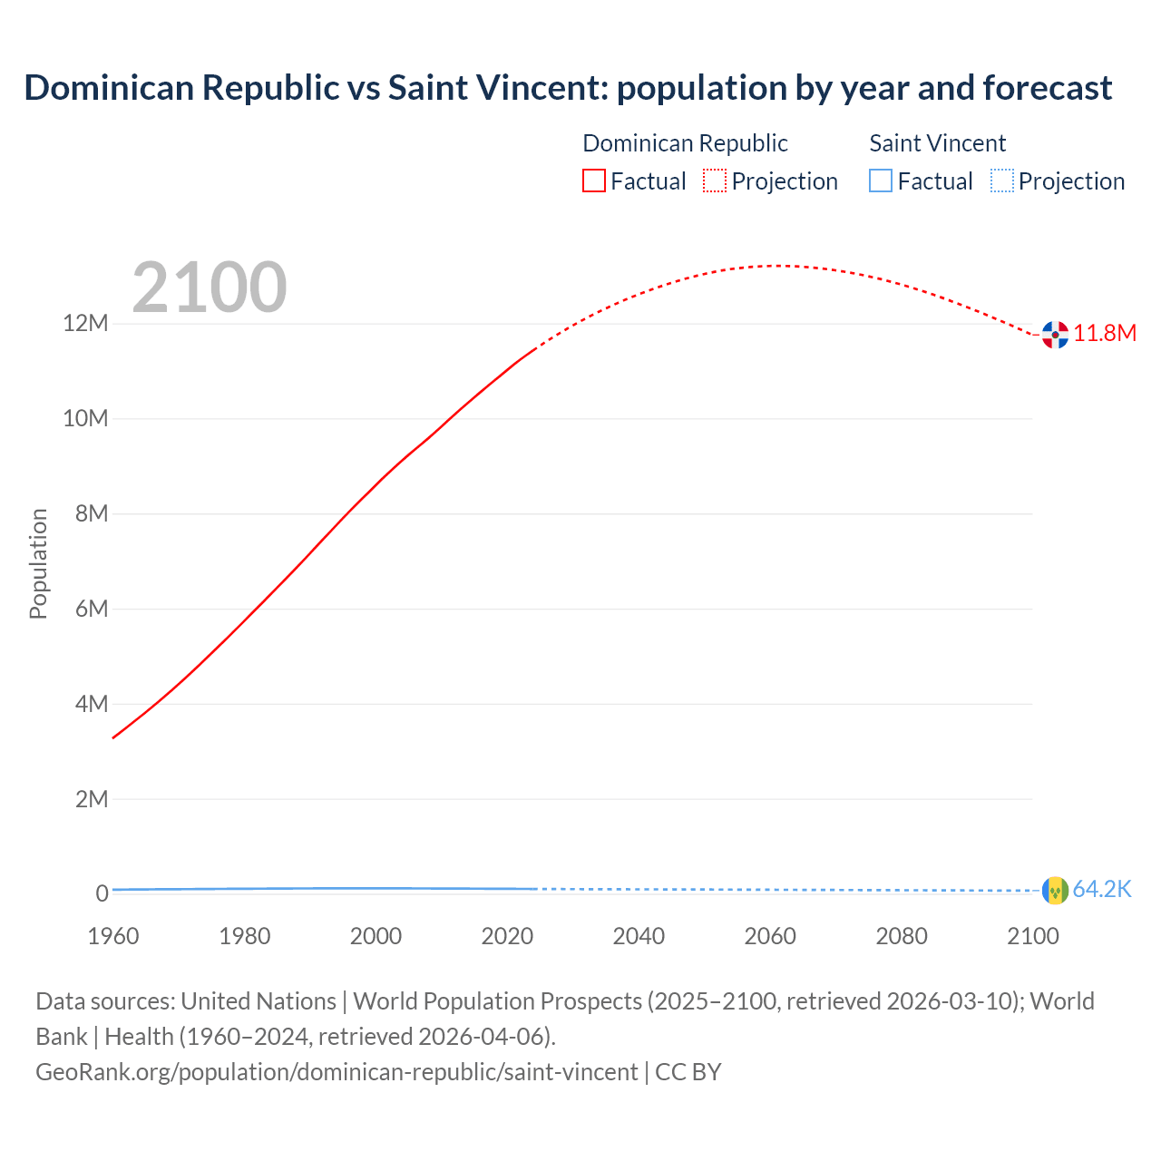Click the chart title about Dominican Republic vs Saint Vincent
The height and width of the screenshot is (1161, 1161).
tap(568, 88)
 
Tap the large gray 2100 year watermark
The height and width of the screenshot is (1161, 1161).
tap(210, 288)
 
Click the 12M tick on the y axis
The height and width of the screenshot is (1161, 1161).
tap(85, 324)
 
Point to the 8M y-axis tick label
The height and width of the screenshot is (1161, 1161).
tap(92, 514)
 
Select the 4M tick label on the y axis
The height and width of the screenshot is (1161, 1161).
tap(92, 704)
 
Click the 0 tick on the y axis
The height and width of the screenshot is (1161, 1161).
tap(102, 894)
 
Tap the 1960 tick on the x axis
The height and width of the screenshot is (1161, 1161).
tap(113, 936)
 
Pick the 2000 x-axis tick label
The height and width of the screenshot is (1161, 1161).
tap(376, 936)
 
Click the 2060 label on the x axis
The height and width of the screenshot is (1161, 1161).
tap(770, 936)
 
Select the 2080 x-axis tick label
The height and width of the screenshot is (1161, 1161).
tap(902, 936)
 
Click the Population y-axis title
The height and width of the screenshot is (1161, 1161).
tap(38, 563)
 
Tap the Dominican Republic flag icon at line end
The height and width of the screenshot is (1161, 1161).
tap(1055, 335)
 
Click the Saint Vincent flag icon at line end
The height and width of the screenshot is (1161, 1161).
tap(1055, 891)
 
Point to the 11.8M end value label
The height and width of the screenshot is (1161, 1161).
tap(1105, 334)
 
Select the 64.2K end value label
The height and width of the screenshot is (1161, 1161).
tap(1102, 890)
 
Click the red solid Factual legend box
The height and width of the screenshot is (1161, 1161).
tap(594, 181)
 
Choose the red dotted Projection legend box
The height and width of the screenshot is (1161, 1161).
tap(715, 181)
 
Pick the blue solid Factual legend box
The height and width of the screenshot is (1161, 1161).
tap(881, 181)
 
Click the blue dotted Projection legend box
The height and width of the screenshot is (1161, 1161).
tap(1002, 181)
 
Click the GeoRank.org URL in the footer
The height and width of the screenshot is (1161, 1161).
tap(337, 1072)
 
